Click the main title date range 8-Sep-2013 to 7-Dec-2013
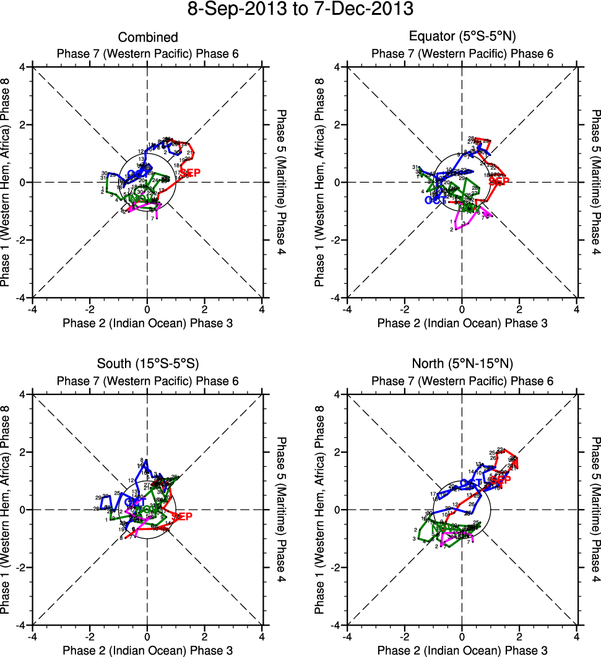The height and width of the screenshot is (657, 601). tap(300, 9)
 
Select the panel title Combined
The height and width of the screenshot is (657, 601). tap(148, 38)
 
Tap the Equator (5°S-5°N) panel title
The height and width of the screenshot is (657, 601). tap(462, 38)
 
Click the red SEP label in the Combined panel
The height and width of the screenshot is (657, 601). tap(190, 173)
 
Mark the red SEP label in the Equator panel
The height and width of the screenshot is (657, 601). tap(499, 181)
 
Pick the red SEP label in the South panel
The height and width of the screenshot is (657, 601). tap(183, 516)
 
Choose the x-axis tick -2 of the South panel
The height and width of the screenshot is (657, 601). tap(90, 637)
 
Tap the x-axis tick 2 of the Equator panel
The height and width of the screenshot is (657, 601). tap(519, 309)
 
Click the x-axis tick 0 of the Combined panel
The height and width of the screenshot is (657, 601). tap(147, 309)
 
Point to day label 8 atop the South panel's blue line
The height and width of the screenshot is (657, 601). tap(143, 459)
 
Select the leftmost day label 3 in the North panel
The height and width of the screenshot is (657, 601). tap(413, 539)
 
